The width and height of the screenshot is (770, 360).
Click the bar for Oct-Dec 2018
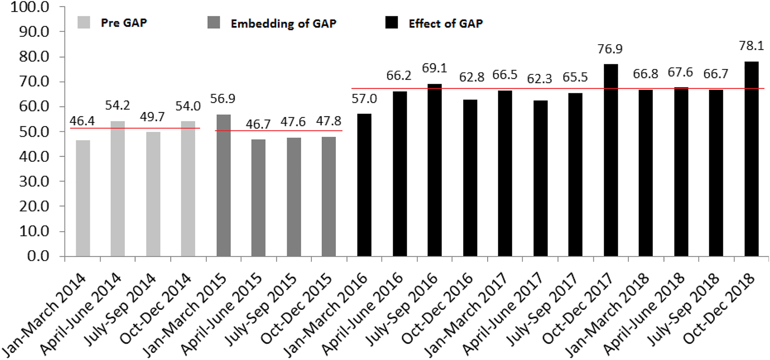tap(751, 159)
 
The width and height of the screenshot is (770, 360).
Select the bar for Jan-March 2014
tap(83, 198)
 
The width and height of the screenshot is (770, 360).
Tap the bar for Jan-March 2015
tap(224, 186)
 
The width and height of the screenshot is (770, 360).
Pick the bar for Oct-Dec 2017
tap(611, 160)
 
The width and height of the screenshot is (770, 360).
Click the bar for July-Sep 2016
tap(434, 170)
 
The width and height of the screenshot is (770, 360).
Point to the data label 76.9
tap(610, 49)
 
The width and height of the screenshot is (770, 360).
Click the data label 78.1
tap(751, 46)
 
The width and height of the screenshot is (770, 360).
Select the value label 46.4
tap(82, 121)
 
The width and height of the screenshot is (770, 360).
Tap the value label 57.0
tap(364, 99)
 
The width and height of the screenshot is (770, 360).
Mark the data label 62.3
tap(540, 79)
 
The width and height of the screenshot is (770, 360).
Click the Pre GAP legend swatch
tap(84, 22)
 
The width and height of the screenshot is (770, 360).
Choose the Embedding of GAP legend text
tap(283, 23)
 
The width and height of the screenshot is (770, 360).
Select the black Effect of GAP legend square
tap(391, 22)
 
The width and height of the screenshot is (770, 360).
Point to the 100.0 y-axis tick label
tap(30, 7)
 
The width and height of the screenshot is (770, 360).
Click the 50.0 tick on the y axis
tap(34, 132)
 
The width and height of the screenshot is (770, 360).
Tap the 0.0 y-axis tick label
tap(38, 256)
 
